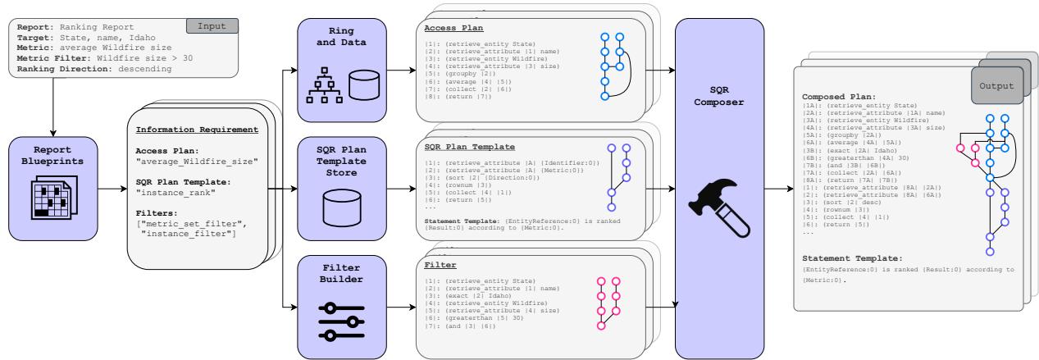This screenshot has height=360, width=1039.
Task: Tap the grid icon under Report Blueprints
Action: click(52, 198)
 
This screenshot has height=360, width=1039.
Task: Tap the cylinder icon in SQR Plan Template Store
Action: click(340, 208)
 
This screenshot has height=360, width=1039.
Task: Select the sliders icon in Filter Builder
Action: click(340, 321)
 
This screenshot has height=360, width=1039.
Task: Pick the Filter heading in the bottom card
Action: click(436, 265)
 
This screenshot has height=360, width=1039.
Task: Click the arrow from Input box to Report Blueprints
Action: click(52, 106)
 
